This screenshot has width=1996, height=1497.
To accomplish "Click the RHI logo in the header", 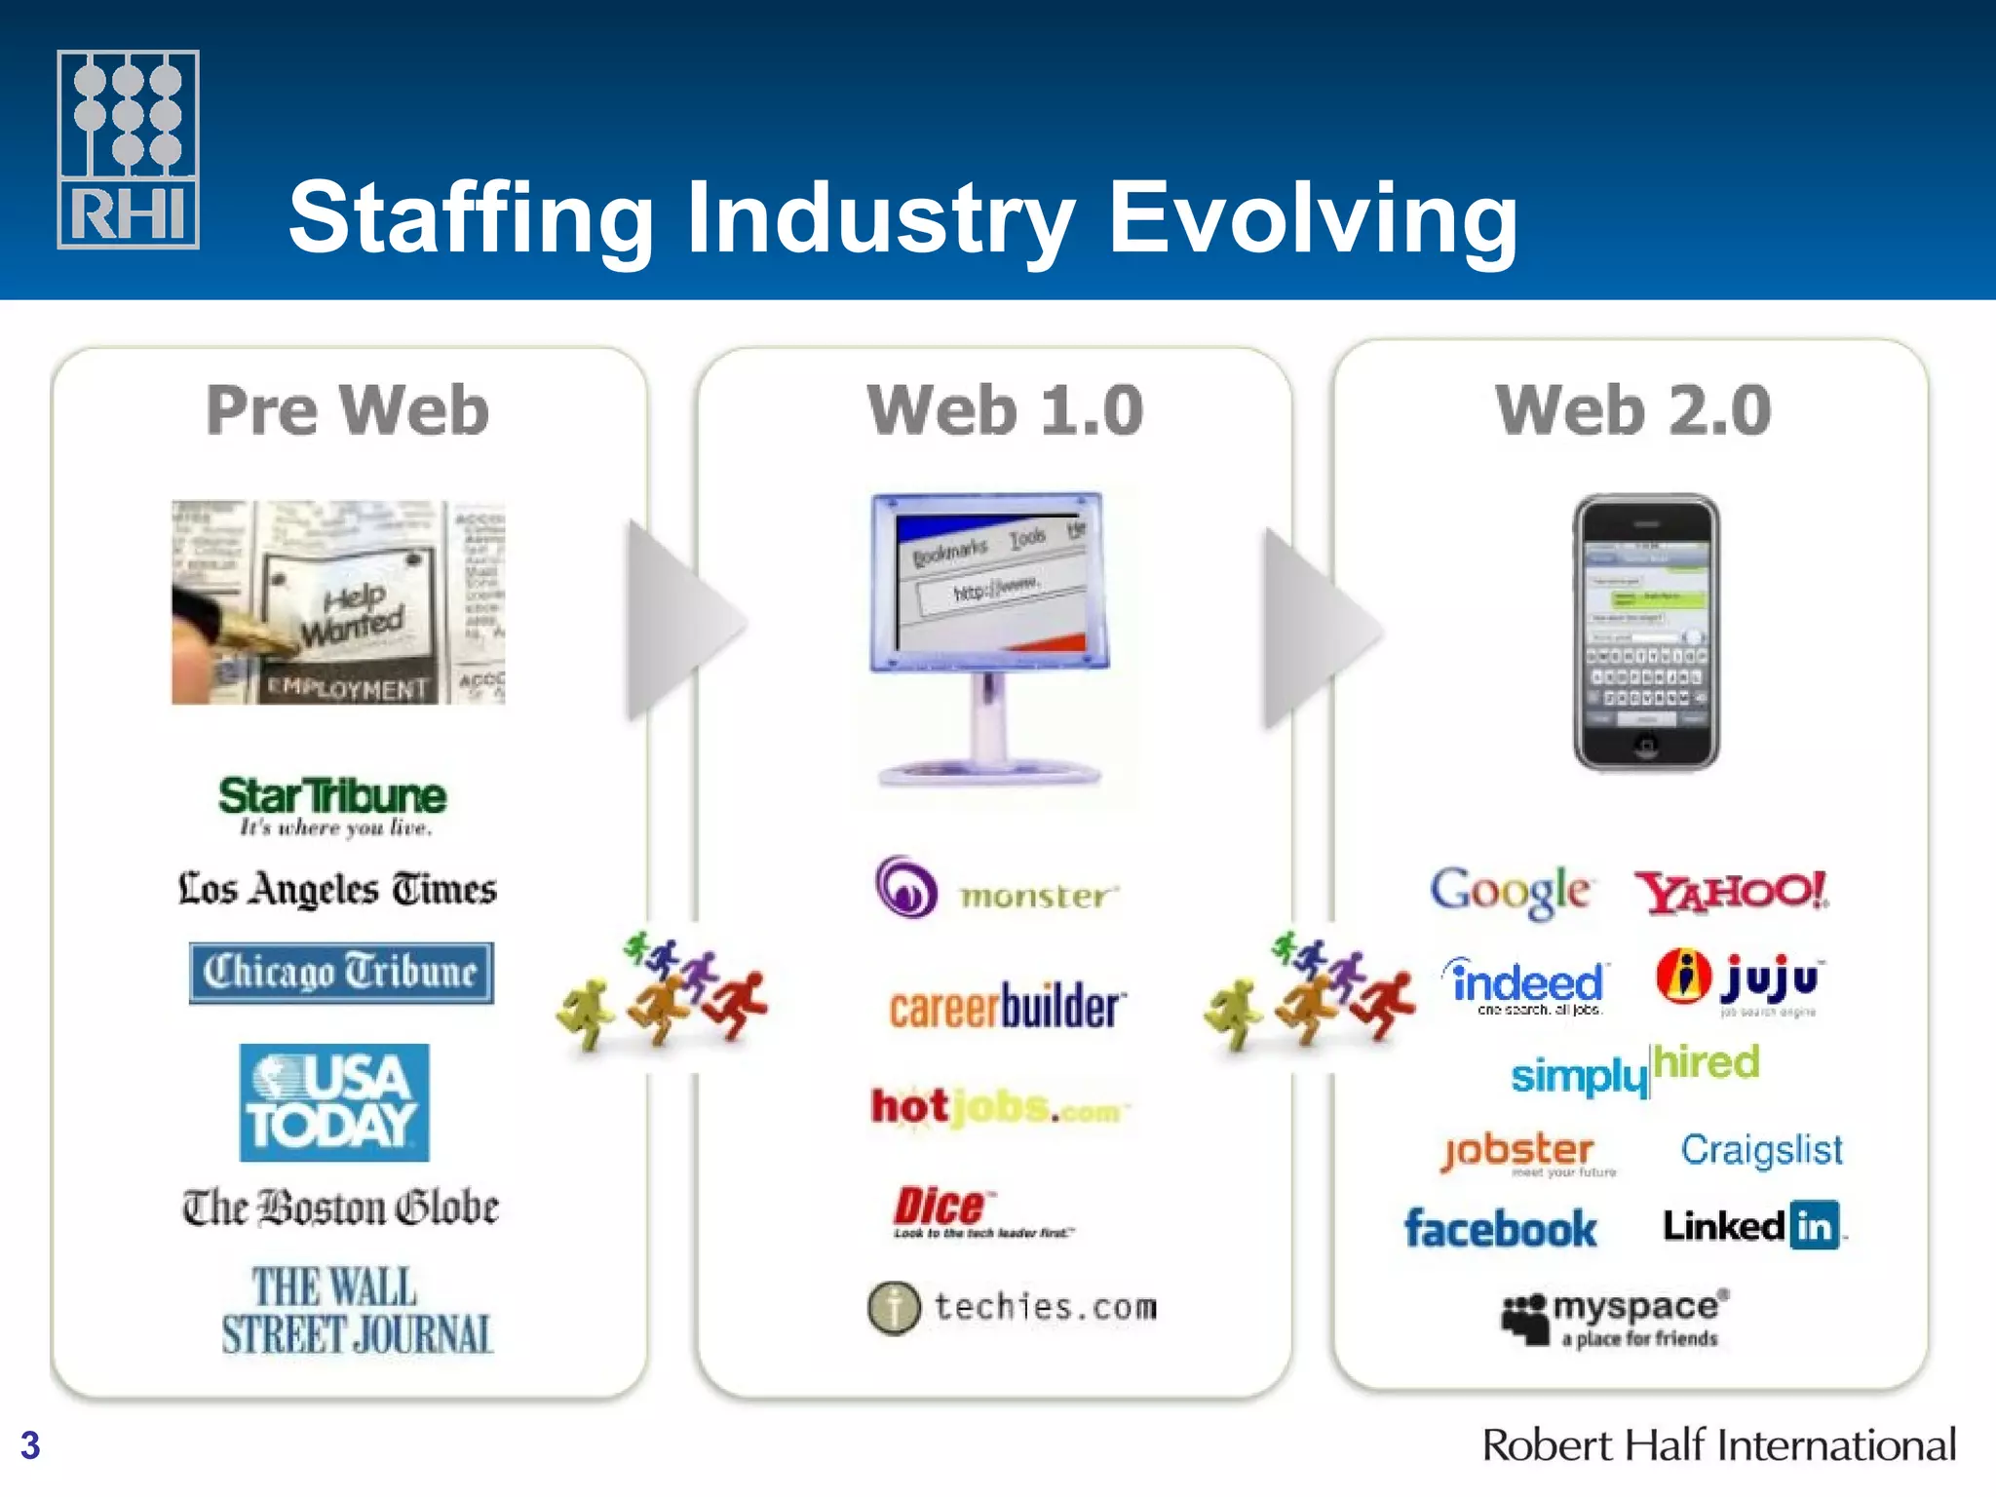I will [128, 149].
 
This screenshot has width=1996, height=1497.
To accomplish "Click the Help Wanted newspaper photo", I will [338, 601].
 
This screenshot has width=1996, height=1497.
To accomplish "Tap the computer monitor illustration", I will [990, 638].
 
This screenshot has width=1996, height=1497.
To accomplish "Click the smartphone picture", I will [1646, 633].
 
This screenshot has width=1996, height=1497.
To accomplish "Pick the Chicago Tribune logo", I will [341, 972].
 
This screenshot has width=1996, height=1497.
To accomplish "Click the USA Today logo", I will [334, 1102].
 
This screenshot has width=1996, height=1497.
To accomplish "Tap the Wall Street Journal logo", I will [357, 1311].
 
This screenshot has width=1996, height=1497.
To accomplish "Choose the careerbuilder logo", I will [1008, 1007].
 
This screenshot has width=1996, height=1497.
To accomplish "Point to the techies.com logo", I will [1014, 1307].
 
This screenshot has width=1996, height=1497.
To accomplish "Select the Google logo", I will [1510, 891].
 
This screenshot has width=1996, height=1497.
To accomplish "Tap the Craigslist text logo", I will [1761, 1150].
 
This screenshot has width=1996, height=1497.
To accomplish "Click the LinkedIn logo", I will [1752, 1226].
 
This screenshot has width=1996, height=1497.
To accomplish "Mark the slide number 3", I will [30, 1444].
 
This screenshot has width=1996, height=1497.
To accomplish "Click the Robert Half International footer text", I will [1718, 1444].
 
